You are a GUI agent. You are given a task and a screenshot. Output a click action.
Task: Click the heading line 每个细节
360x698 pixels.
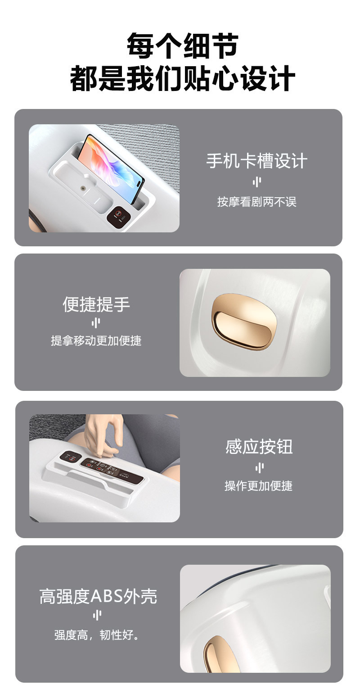coord(183,45)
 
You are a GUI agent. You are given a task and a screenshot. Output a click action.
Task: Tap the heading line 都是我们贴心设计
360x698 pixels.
coord(183,78)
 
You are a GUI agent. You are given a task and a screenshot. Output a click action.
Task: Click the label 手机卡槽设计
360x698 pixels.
coord(256,161)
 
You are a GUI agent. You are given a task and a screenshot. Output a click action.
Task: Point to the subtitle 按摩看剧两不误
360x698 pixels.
coord(256,202)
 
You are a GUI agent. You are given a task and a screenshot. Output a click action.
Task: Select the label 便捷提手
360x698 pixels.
coord(96,304)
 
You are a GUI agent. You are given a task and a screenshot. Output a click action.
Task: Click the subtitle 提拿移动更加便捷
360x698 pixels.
coord(96,340)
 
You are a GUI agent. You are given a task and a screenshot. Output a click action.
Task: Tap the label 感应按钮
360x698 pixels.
coord(259,447)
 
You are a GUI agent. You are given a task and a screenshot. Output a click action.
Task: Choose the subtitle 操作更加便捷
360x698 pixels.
coord(258,486)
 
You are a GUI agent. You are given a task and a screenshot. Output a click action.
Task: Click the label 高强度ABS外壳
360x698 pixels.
coord(98,596)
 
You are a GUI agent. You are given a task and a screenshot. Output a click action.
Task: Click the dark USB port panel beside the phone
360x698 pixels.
coord(119,215)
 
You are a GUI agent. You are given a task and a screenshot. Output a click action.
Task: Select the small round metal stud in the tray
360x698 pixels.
coord(83,188)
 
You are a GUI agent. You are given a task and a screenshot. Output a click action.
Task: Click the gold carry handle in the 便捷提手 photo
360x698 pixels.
coord(244,322)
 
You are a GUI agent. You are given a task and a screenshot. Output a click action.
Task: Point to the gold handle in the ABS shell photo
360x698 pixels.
coord(218,654)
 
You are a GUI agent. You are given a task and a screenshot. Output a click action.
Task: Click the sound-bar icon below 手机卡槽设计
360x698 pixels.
coord(257,181)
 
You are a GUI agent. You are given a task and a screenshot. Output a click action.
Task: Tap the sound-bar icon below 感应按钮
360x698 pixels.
coord(259,467)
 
